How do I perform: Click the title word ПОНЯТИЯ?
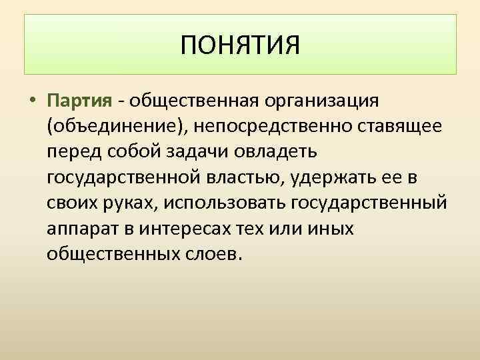pos(241,46)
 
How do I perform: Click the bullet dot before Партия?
pos(33,102)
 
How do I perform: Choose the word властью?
pos(246,177)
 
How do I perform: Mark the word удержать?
pos(333,177)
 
